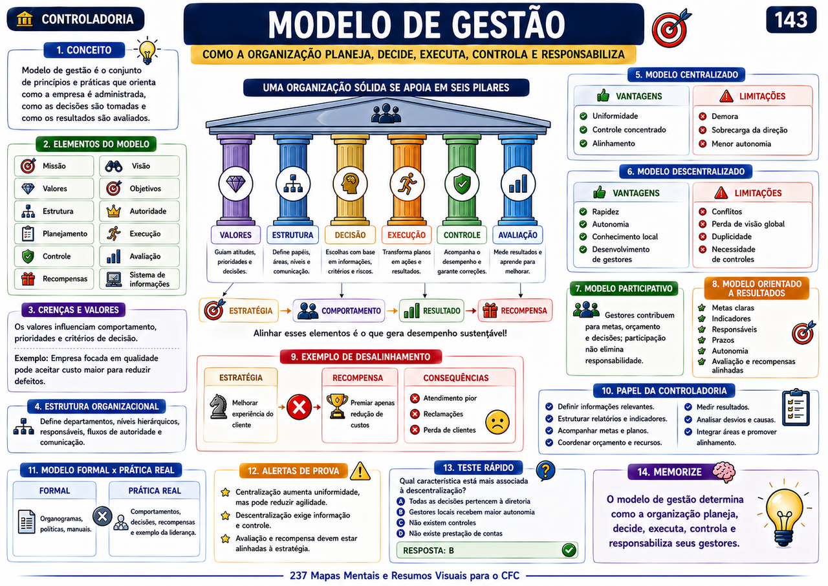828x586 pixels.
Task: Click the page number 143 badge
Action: tap(791, 19)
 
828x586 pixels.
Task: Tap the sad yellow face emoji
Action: tap(497, 422)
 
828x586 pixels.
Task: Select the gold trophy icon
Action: tap(337, 406)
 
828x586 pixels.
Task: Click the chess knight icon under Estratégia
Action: tap(219, 406)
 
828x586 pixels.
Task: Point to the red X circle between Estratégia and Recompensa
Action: tap(299, 407)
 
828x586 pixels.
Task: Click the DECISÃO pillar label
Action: tap(350, 235)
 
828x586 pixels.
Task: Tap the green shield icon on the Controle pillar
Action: tap(462, 184)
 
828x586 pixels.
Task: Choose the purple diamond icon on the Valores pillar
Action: tap(236, 183)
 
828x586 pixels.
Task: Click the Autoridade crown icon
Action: tap(113, 211)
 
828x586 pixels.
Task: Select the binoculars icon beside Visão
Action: tap(113, 166)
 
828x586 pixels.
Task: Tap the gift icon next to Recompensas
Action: tap(28, 278)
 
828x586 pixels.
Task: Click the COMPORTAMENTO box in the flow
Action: tap(339, 310)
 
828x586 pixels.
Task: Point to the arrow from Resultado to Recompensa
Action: tap(471, 310)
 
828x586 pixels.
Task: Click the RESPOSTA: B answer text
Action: tap(428, 550)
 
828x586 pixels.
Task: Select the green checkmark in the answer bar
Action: tap(569, 550)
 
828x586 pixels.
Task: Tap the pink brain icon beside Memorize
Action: tap(724, 472)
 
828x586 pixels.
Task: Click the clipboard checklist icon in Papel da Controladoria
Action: tap(796, 407)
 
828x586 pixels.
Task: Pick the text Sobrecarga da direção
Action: tap(749, 130)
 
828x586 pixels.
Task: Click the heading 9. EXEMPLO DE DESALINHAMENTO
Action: tap(360, 356)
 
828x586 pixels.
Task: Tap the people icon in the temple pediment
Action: tap(386, 113)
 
